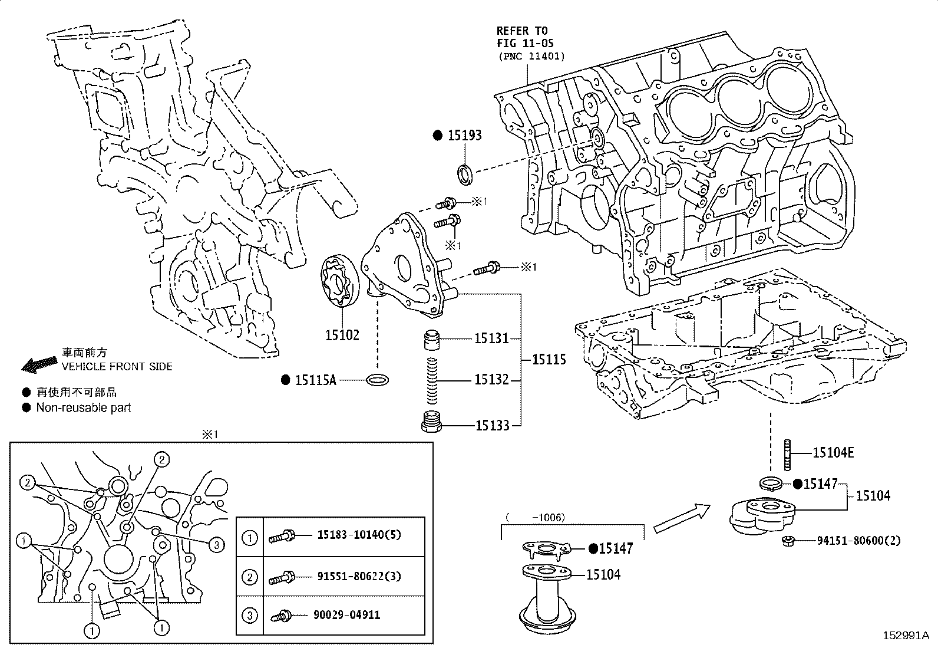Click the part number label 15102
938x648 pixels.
click(x=342, y=335)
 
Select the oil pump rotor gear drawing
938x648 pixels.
click(x=341, y=281)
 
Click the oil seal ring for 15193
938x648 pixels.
click(x=465, y=174)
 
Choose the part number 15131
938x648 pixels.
click(x=491, y=338)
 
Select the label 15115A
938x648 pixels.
click(x=315, y=380)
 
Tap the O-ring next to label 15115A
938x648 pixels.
click(x=378, y=380)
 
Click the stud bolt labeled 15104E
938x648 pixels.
click(x=788, y=454)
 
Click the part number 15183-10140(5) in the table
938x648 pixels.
click(x=359, y=535)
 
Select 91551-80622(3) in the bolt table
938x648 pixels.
click(x=359, y=575)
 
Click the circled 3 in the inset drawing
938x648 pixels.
click(x=216, y=545)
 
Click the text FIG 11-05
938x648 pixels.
click(x=525, y=43)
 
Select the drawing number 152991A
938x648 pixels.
click(x=905, y=636)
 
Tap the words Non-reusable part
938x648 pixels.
click(x=83, y=407)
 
